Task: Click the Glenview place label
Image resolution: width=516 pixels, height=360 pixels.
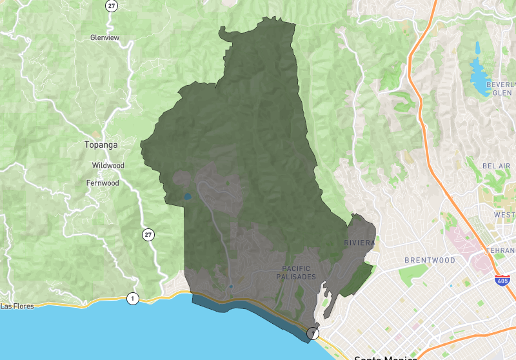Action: [104, 37]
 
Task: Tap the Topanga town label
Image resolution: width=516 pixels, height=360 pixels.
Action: [101, 145]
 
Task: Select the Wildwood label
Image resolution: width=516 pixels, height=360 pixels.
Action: [108, 165]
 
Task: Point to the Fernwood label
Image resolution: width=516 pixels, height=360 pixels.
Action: [103, 183]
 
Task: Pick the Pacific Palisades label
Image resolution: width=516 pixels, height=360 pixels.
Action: [299, 272]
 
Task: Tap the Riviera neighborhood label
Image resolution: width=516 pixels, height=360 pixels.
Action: [359, 243]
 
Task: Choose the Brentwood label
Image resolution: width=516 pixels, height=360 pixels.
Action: [430, 260]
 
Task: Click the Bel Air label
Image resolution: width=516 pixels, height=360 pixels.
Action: [496, 166]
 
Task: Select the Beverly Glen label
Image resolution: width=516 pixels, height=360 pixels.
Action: [501, 88]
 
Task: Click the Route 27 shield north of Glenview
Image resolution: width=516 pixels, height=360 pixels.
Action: [112, 5]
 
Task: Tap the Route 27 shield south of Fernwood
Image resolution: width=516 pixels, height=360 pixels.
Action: [149, 235]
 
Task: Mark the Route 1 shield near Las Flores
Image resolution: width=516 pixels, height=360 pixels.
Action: [133, 298]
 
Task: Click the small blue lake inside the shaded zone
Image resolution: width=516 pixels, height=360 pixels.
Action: [187, 196]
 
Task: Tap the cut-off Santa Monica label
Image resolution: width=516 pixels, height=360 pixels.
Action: [385, 356]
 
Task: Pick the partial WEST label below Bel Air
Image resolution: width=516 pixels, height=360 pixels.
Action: [504, 214]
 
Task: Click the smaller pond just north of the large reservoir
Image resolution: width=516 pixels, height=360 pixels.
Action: [478, 47]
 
